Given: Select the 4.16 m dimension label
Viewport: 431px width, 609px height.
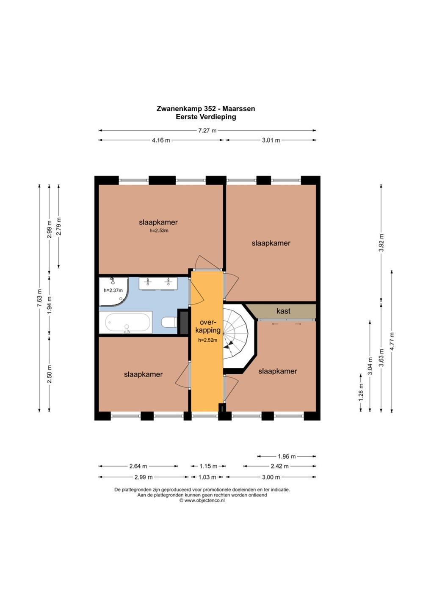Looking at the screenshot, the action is click(x=161, y=140).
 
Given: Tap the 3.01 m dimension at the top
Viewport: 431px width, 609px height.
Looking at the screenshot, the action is click(x=271, y=140).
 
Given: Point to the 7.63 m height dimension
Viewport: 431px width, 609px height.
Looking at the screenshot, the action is click(x=40, y=298).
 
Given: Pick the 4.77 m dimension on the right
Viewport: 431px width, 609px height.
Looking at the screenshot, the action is click(x=392, y=341).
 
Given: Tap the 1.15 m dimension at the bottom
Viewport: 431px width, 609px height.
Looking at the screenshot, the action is click(x=208, y=466).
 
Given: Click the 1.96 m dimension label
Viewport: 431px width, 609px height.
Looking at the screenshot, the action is click(x=287, y=456).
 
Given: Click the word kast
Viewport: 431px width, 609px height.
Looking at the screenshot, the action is click(x=284, y=311).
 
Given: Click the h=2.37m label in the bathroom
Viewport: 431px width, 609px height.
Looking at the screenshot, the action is click(x=113, y=291).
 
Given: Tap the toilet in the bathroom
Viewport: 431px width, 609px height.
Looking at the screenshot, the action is click(x=169, y=323).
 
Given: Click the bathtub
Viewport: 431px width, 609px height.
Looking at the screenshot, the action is click(x=126, y=322).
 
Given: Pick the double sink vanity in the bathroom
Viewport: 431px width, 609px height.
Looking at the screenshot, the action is click(x=158, y=283).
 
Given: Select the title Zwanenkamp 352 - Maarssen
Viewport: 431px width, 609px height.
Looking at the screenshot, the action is click(x=206, y=109).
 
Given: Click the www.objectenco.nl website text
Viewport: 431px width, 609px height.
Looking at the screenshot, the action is click(x=204, y=501).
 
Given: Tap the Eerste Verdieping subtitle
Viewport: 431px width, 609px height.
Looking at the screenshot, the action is click(x=206, y=117).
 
